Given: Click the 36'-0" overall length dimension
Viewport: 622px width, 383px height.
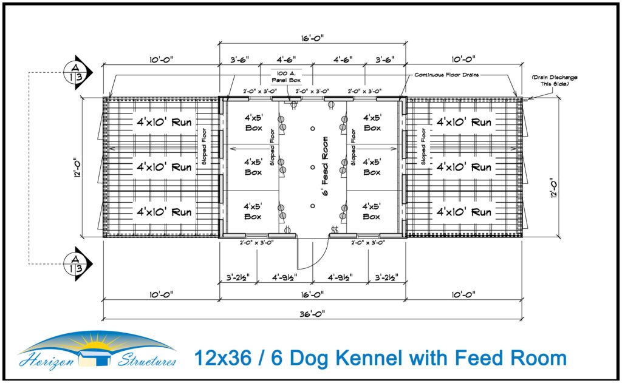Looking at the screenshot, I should click(x=312, y=313).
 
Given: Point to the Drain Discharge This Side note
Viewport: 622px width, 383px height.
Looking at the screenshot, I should click(x=554, y=81).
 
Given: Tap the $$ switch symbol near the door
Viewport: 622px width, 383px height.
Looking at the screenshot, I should click(x=334, y=229).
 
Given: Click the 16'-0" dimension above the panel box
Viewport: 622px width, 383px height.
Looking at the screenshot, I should click(x=312, y=38).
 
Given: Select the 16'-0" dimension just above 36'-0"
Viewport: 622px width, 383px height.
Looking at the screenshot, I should click(x=312, y=294).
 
